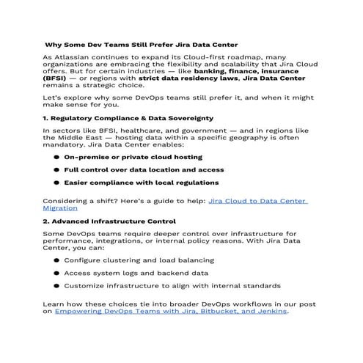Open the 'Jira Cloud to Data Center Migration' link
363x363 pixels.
click(x=257, y=200)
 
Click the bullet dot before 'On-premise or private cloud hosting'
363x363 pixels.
click(x=56, y=157)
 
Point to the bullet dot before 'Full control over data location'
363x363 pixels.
click(x=56, y=169)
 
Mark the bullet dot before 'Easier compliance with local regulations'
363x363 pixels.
click(x=56, y=182)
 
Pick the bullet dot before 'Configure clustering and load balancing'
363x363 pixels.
click(x=56, y=260)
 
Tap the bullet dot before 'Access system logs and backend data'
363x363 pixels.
click(x=56, y=272)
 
